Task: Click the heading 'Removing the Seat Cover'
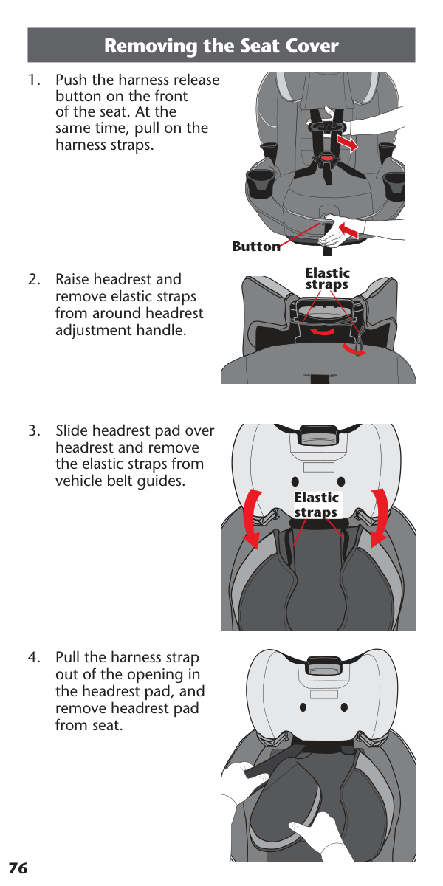[221, 46]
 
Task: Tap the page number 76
[18, 868]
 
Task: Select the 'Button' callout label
[256, 247]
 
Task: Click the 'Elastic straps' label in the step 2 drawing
[327, 278]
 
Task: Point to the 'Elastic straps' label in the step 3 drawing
[316, 505]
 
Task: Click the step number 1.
[34, 80]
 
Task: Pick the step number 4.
[34, 657]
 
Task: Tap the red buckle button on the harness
[326, 158]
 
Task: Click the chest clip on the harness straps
[326, 127]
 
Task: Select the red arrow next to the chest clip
[347, 143]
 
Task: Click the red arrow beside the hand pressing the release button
[350, 230]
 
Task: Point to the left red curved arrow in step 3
[252, 519]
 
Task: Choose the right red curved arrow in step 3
[380, 518]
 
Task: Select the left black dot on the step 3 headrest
[295, 481]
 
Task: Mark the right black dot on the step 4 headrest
[344, 707]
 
